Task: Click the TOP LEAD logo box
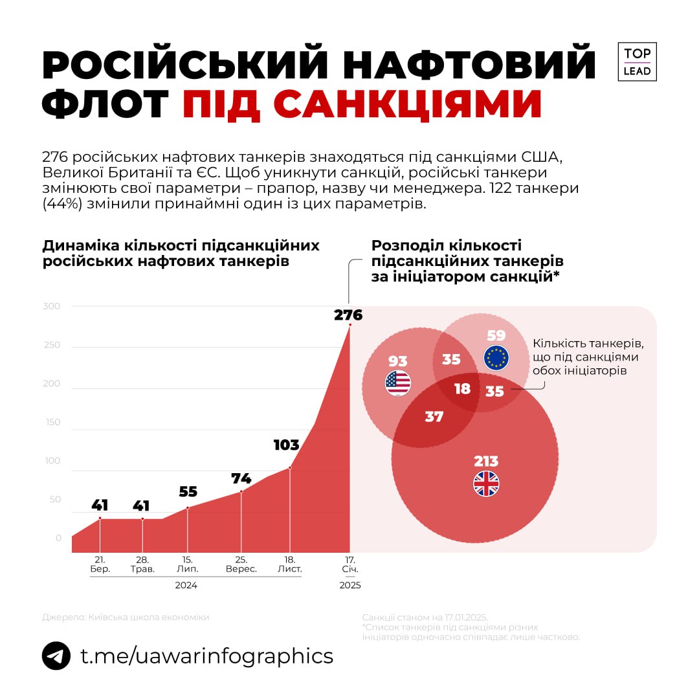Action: click(x=637, y=62)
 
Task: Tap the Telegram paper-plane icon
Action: click(x=56, y=656)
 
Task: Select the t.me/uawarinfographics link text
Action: click(x=206, y=656)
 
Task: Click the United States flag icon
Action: click(x=398, y=383)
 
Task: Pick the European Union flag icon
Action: click(x=496, y=358)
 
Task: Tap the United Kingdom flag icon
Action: click(x=486, y=483)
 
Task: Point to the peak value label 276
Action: click(x=348, y=315)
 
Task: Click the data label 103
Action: click(x=286, y=445)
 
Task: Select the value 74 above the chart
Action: click(x=241, y=479)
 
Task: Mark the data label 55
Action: click(x=188, y=492)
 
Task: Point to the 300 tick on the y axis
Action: click(x=52, y=306)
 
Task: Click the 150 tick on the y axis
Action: click(x=52, y=422)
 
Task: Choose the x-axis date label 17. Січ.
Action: click(x=350, y=564)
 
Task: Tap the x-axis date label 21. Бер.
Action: click(x=100, y=564)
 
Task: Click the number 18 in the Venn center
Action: click(x=462, y=389)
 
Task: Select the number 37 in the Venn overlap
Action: click(x=434, y=417)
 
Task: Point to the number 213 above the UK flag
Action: click(x=486, y=461)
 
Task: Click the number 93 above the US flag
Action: click(x=397, y=361)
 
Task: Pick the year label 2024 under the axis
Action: click(x=186, y=585)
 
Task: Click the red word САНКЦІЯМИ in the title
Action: click(x=362, y=104)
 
